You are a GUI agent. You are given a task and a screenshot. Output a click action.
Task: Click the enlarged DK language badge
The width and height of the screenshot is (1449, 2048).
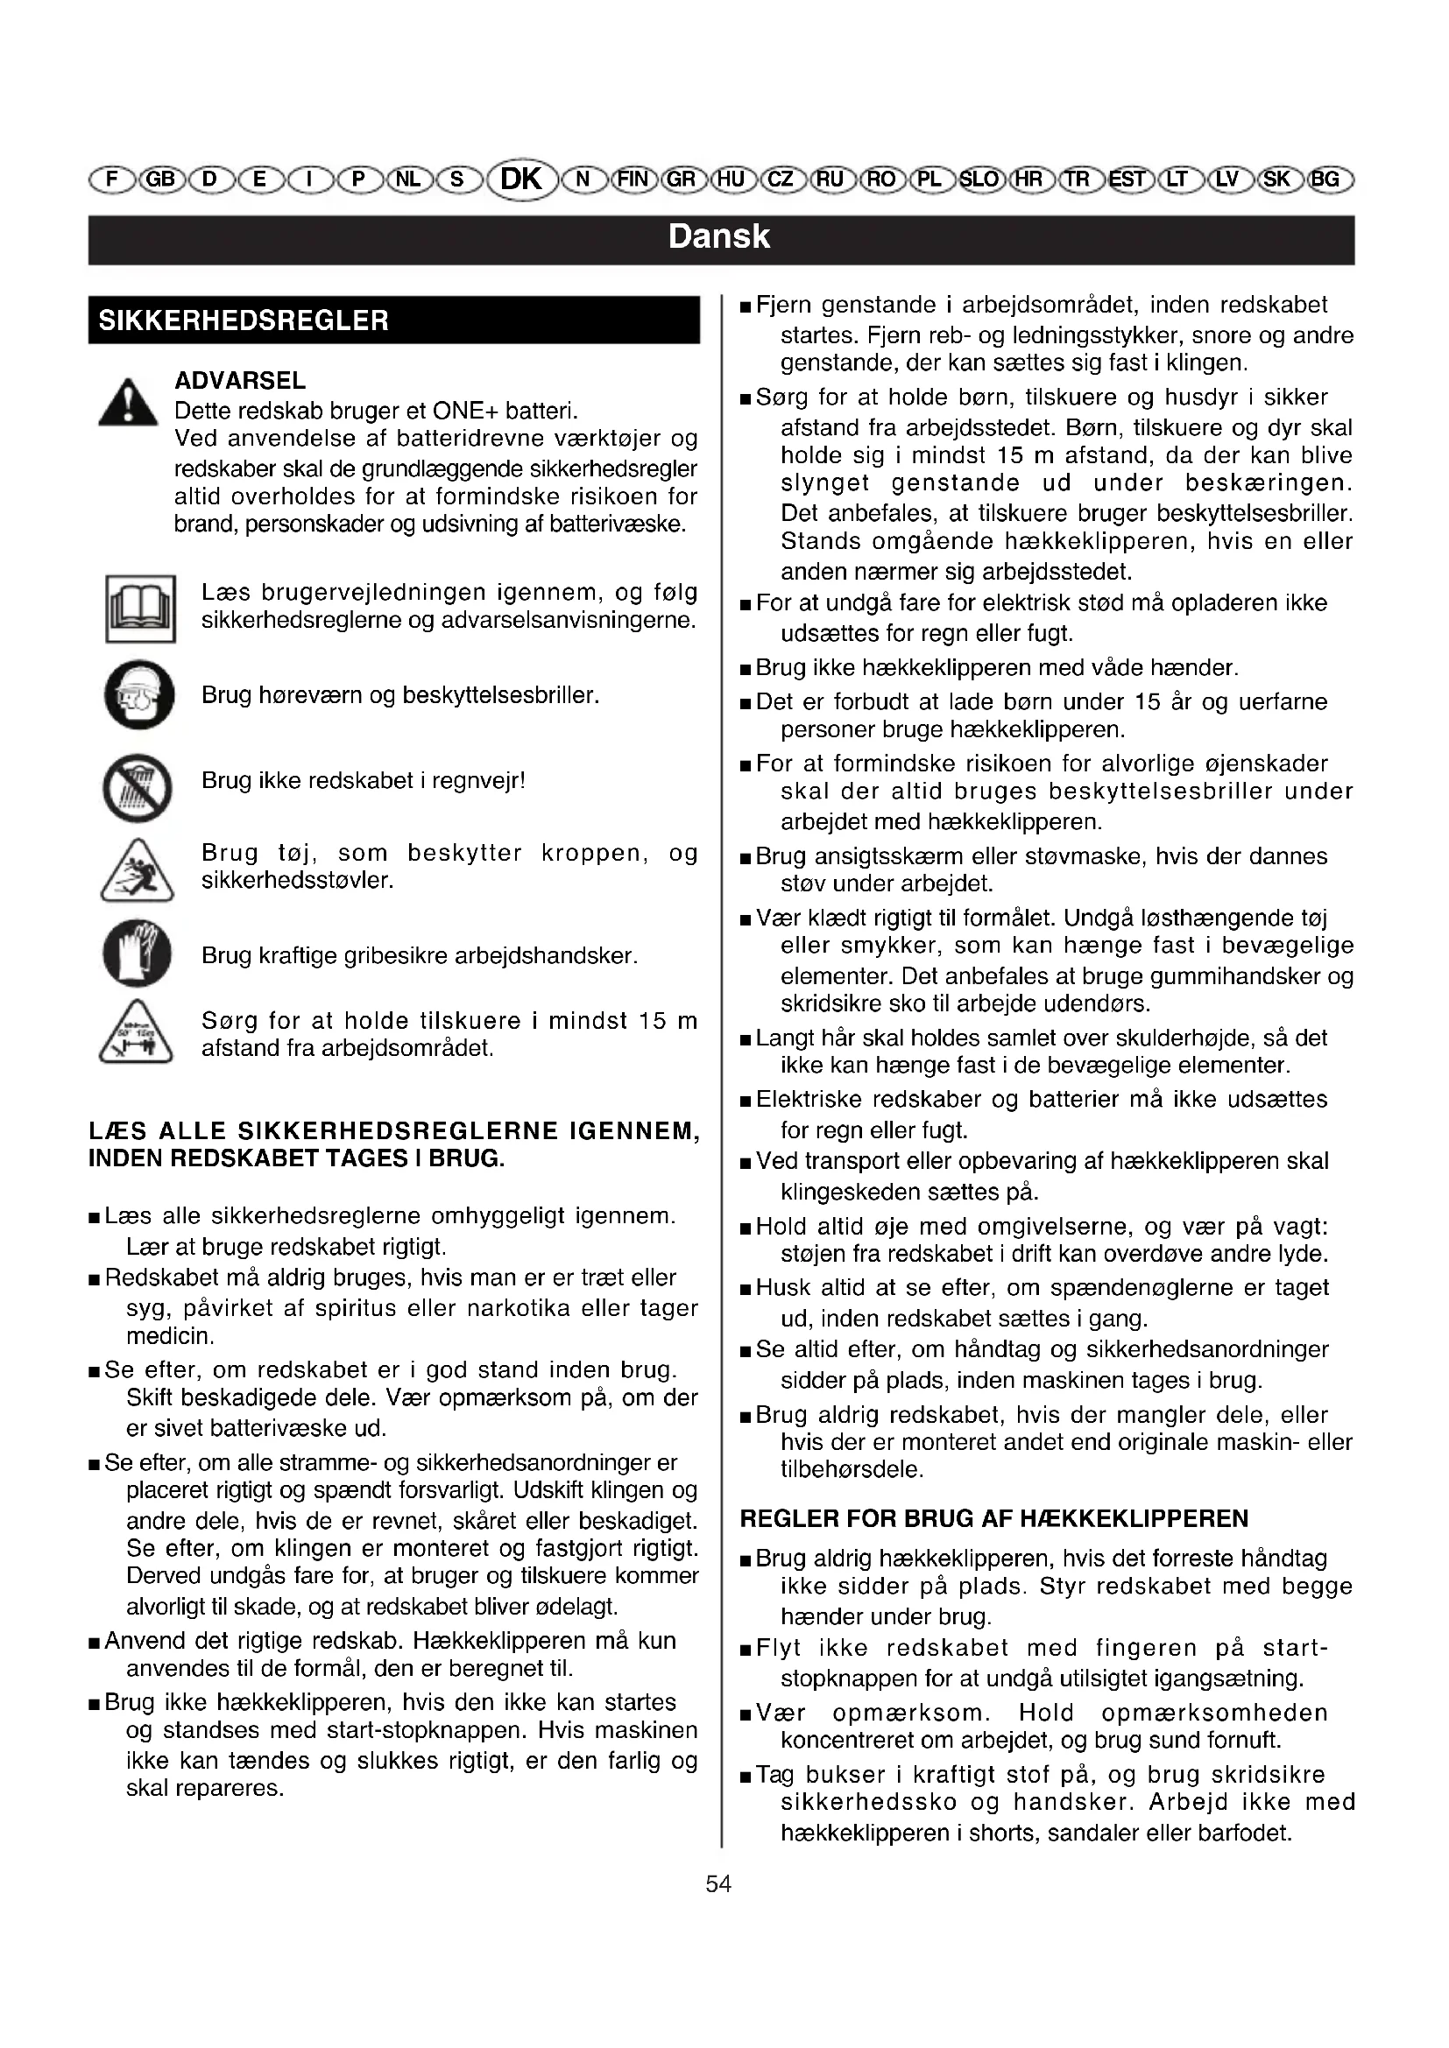(522, 179)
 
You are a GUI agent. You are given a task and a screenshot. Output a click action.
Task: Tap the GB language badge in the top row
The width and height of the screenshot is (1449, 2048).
(160, 179)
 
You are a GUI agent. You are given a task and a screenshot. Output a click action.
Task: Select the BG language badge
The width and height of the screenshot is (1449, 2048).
(1326, 179)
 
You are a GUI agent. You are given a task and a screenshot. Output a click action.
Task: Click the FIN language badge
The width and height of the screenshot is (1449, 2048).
(633, 179)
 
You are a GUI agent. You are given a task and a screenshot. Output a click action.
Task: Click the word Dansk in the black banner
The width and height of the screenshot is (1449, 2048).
(719, 236)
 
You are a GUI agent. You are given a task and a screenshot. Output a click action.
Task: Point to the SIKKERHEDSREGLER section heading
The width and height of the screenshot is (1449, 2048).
(244, 320)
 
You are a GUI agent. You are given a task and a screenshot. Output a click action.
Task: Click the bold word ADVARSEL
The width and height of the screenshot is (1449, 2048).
(240, 381)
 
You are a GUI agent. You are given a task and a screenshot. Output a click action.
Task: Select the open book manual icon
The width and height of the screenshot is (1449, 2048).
(140, 609)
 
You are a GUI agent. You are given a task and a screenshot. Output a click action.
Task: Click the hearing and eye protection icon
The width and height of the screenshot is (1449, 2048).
(138, 695)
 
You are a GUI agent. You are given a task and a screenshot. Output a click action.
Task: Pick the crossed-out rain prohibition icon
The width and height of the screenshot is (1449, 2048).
(138, 788)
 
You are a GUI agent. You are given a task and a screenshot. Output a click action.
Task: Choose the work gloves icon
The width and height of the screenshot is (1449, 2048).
(138, 953)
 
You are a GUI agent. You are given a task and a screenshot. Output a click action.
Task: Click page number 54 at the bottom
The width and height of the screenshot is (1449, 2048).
(718, 1884)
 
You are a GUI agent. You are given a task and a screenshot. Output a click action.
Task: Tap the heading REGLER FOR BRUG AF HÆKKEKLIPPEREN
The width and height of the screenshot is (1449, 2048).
(994, 1519)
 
